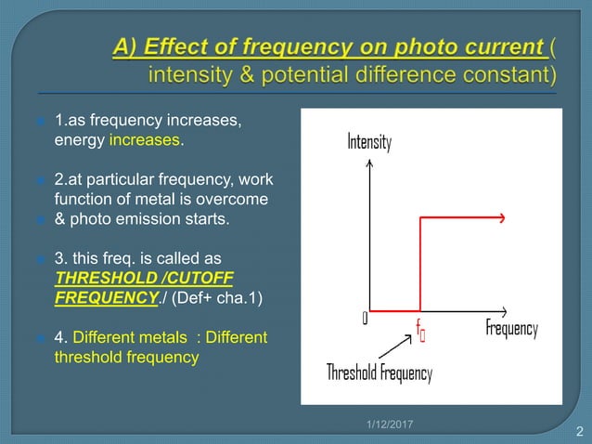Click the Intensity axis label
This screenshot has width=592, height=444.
click(369, 143)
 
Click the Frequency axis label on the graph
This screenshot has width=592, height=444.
click(511, 329)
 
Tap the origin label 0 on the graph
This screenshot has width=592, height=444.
click(365, 319)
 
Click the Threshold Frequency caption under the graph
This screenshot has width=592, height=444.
click(380, 373)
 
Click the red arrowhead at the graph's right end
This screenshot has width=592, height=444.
click(500, 218)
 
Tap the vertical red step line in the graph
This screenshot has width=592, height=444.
click(421, 265)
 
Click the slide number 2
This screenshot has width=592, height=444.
click(579, 431)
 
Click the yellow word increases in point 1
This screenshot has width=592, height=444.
click(146, 141)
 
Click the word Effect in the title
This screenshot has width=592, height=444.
click(209, 44)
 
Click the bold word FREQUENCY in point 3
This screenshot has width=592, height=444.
click(97, 298)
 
